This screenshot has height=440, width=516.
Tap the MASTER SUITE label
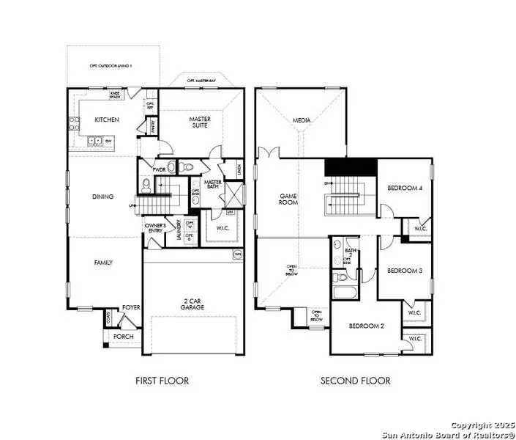tap(200, 122)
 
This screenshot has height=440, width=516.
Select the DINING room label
tap(102, 196)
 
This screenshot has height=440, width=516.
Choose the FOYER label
tap(131, 308)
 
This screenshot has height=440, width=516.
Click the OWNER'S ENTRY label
tap(156, 228)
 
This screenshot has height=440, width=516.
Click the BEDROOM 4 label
tap(405, 188)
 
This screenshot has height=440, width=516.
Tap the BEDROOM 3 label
tap(405, 271)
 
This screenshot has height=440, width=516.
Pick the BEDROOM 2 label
tap(367, 326)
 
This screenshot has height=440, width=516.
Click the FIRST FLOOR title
tap(162, 381)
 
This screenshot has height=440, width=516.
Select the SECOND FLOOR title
tap(356, 381)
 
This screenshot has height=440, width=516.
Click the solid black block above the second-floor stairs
tap(348, 166)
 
